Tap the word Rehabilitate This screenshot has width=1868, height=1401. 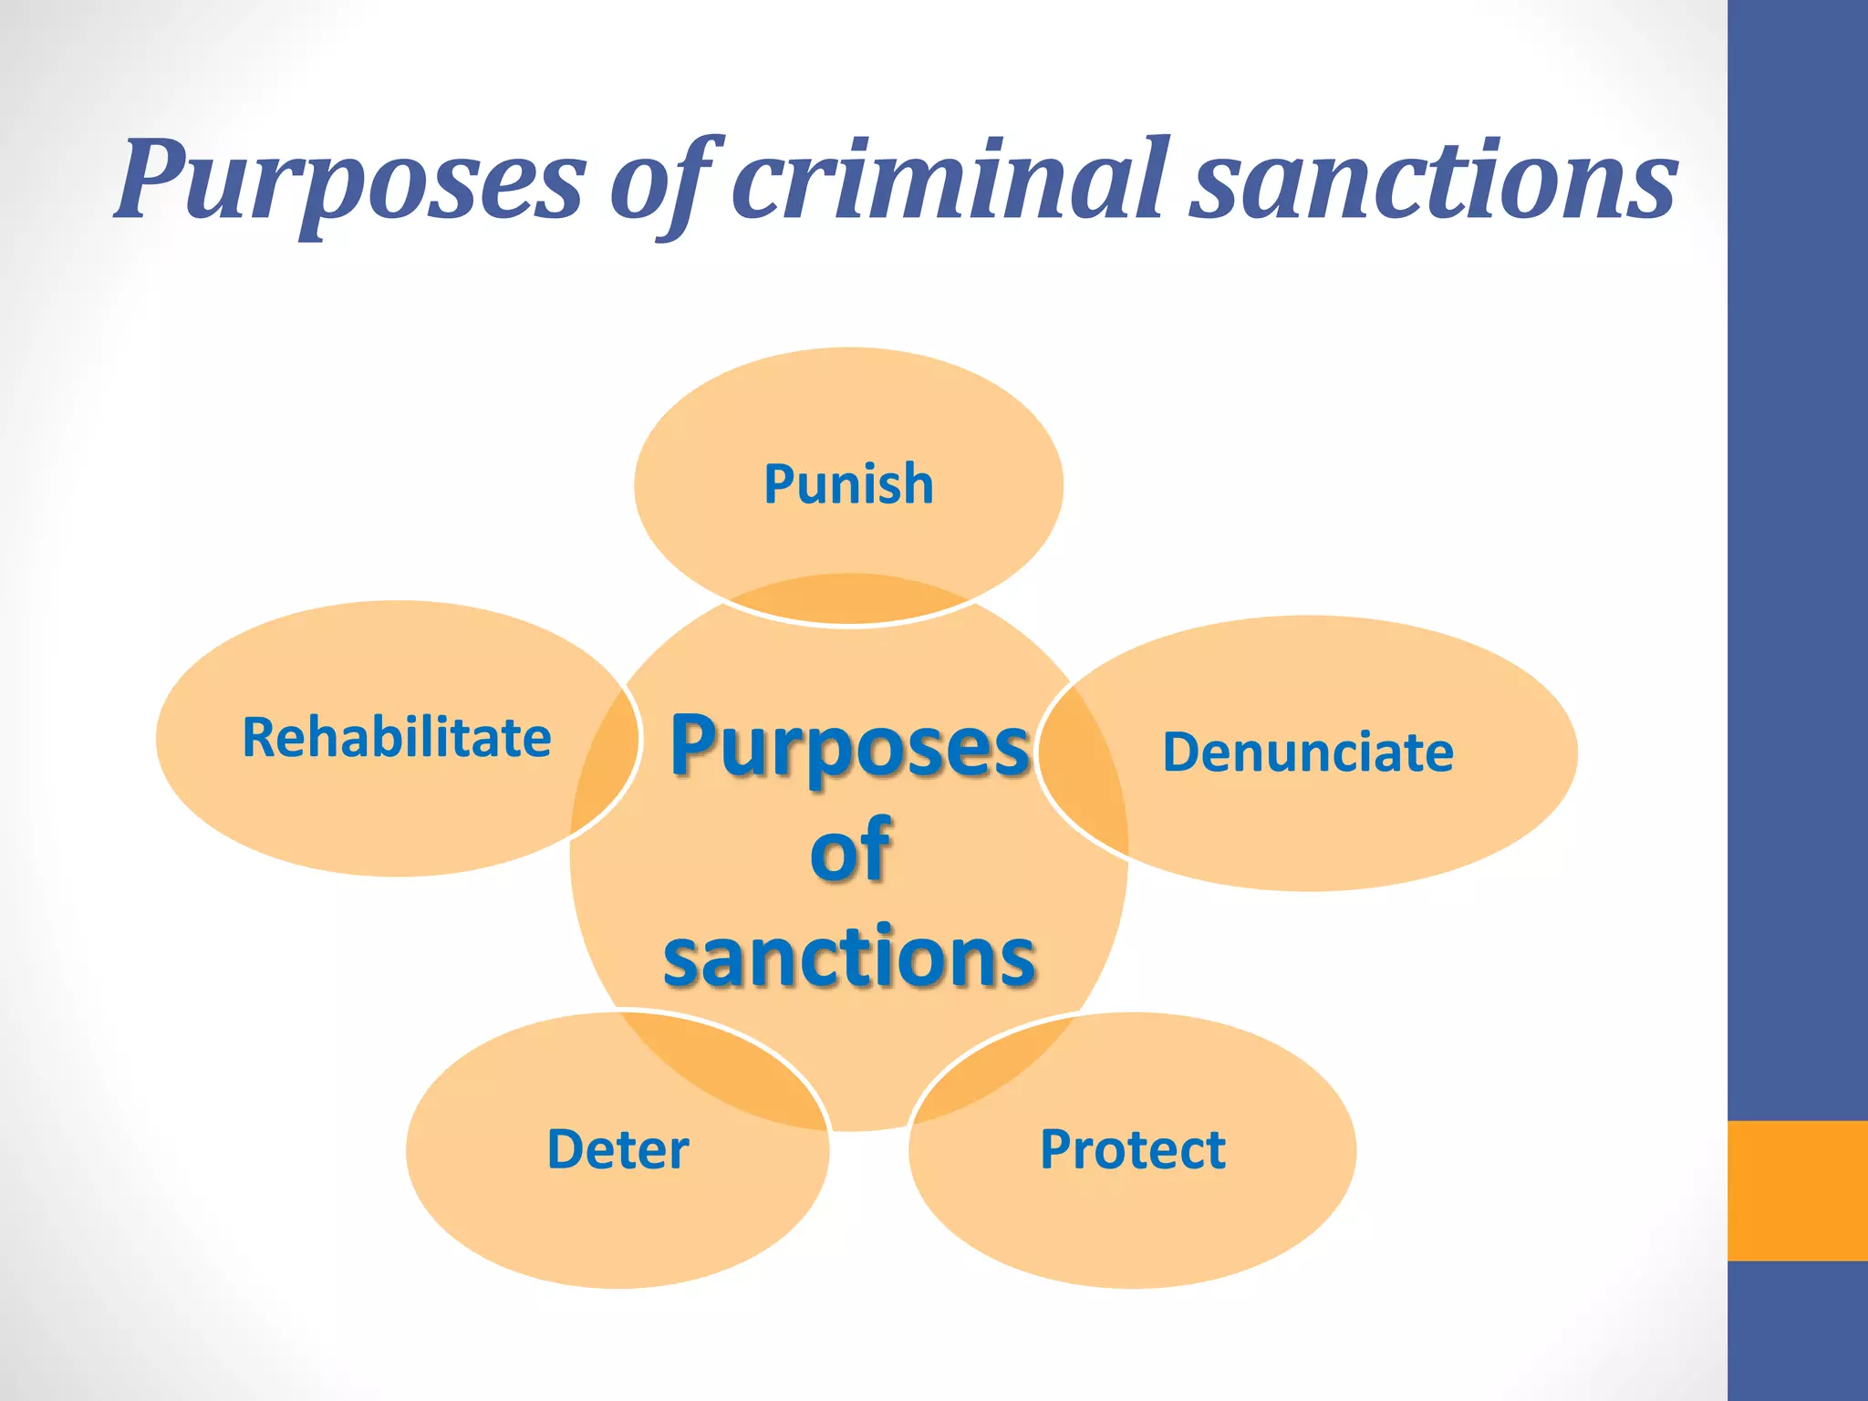coord(397,737)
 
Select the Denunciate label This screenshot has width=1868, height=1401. coord(1308,752)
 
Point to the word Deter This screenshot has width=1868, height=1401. coord(617,1149)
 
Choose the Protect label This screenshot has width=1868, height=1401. coord(1133,1149)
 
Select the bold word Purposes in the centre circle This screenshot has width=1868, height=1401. coord(850,746)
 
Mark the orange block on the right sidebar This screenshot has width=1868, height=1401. coord(1797,1190)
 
